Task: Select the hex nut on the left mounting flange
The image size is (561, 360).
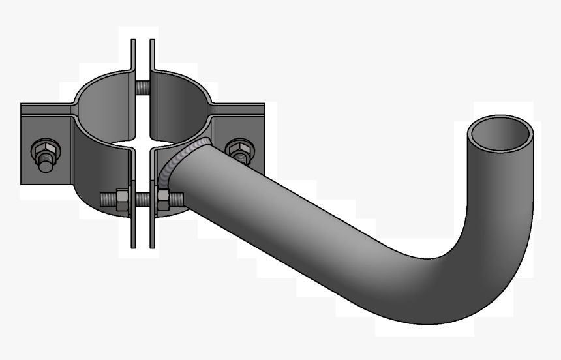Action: (44, 149)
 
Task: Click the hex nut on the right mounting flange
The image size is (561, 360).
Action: (239, 149)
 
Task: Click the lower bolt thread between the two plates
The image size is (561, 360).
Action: (143, 199)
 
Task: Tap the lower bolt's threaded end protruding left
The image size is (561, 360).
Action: (106, 198)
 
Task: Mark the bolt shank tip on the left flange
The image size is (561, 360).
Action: (45, 165)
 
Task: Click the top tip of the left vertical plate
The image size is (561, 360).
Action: (133, 42)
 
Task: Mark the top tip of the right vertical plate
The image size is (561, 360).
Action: (152, 42)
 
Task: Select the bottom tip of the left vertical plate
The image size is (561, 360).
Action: (133, 245)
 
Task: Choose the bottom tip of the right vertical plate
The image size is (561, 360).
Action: (152, 245)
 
